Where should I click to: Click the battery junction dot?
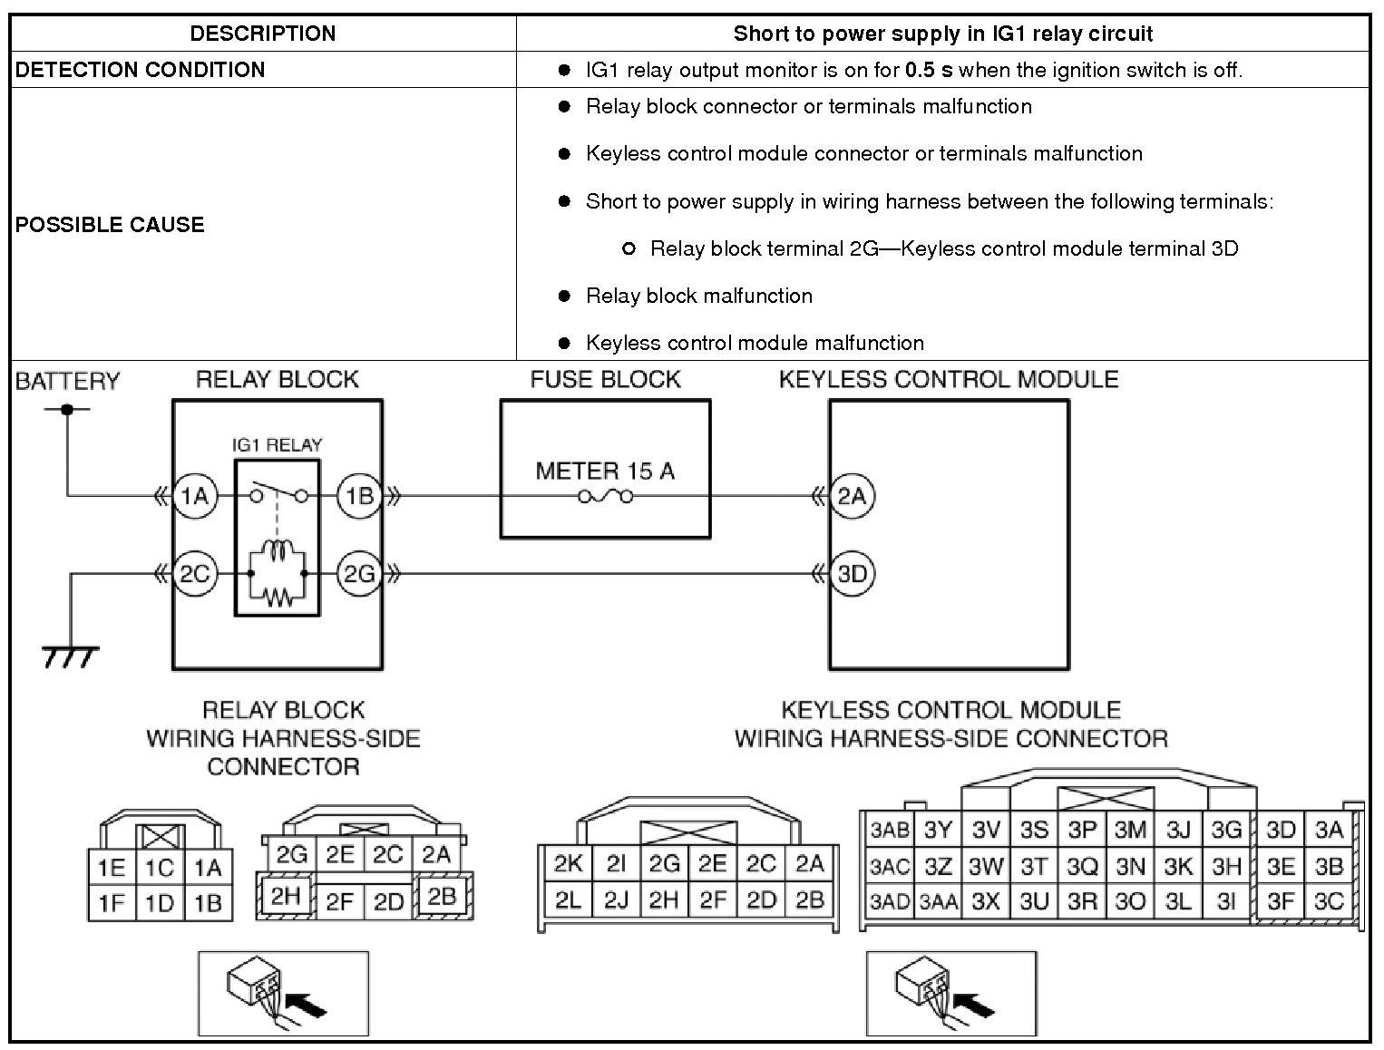click(67, 409)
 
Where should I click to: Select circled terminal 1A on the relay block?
click(194, 496)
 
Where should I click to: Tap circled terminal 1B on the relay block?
click(359, 496)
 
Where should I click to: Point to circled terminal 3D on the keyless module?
click(852, 573)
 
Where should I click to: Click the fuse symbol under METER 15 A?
click(606, 496)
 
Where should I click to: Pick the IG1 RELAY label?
click(277, 445)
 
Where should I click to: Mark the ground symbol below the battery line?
click(70, 655)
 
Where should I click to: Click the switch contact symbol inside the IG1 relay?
click(278, 491)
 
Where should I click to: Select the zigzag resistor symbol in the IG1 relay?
click(278, 596)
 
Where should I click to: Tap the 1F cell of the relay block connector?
click(112, 903)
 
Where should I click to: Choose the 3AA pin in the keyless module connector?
click(938, 902)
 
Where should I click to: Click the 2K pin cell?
click(568, 863)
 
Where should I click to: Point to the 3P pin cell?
click(1082, 830)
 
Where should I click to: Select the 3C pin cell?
click(1329, 902)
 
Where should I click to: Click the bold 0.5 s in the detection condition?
click(929, 70)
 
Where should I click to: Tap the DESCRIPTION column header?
click(263, 34)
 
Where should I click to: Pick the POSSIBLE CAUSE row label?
click(110, 224)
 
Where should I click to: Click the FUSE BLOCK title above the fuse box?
click(605, 379)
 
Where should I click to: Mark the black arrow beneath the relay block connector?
click(305, 1004)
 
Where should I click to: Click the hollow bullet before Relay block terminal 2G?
click(629, 248)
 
